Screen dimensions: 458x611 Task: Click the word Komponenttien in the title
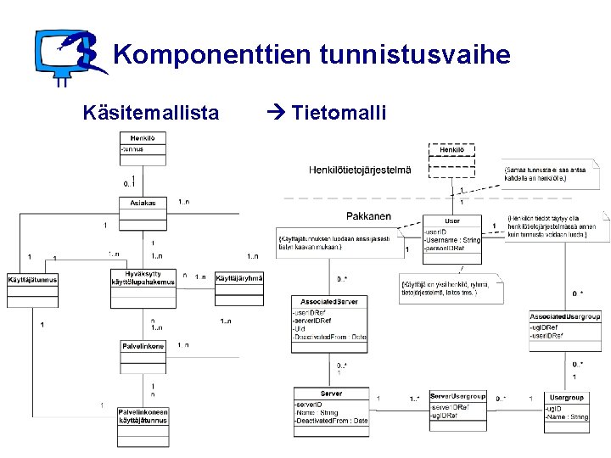click(212, 56)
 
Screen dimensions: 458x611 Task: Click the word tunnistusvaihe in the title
click(416, 56)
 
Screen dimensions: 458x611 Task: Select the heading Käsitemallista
click(150, 112)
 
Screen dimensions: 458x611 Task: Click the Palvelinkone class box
click(143, 355)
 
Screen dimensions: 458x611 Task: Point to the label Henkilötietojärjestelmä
click(360, 170)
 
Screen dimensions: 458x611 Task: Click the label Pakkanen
click(368, 216)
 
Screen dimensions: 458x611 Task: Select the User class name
click(451, 221)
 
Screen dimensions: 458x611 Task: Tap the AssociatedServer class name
click(329, 301)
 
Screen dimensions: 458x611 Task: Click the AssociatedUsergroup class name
click(564, 316)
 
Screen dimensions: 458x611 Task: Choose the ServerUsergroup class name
click(457, 396)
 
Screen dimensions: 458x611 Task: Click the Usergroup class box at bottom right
click(566, 411)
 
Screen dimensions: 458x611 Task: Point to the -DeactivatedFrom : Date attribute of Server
click(331, 421)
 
